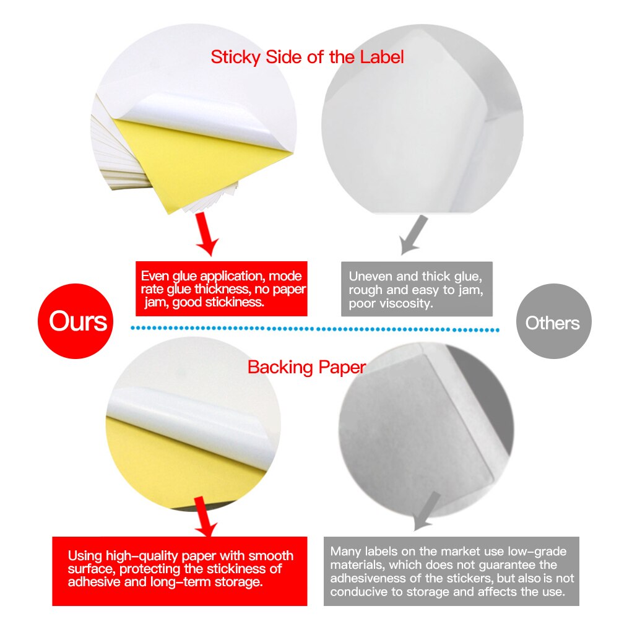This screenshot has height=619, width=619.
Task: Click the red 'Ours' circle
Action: [78, 322]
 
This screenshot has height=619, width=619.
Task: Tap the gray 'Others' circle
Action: [553, 322]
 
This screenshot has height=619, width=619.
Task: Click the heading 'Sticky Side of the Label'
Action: [307, 58]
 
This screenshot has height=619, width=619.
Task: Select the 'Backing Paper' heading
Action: [307, 367]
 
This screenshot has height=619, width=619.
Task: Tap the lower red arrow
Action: [204, 519]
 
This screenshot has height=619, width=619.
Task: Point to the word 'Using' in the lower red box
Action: [85, 556]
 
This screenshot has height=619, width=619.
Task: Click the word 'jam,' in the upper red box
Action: [156, 303]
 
